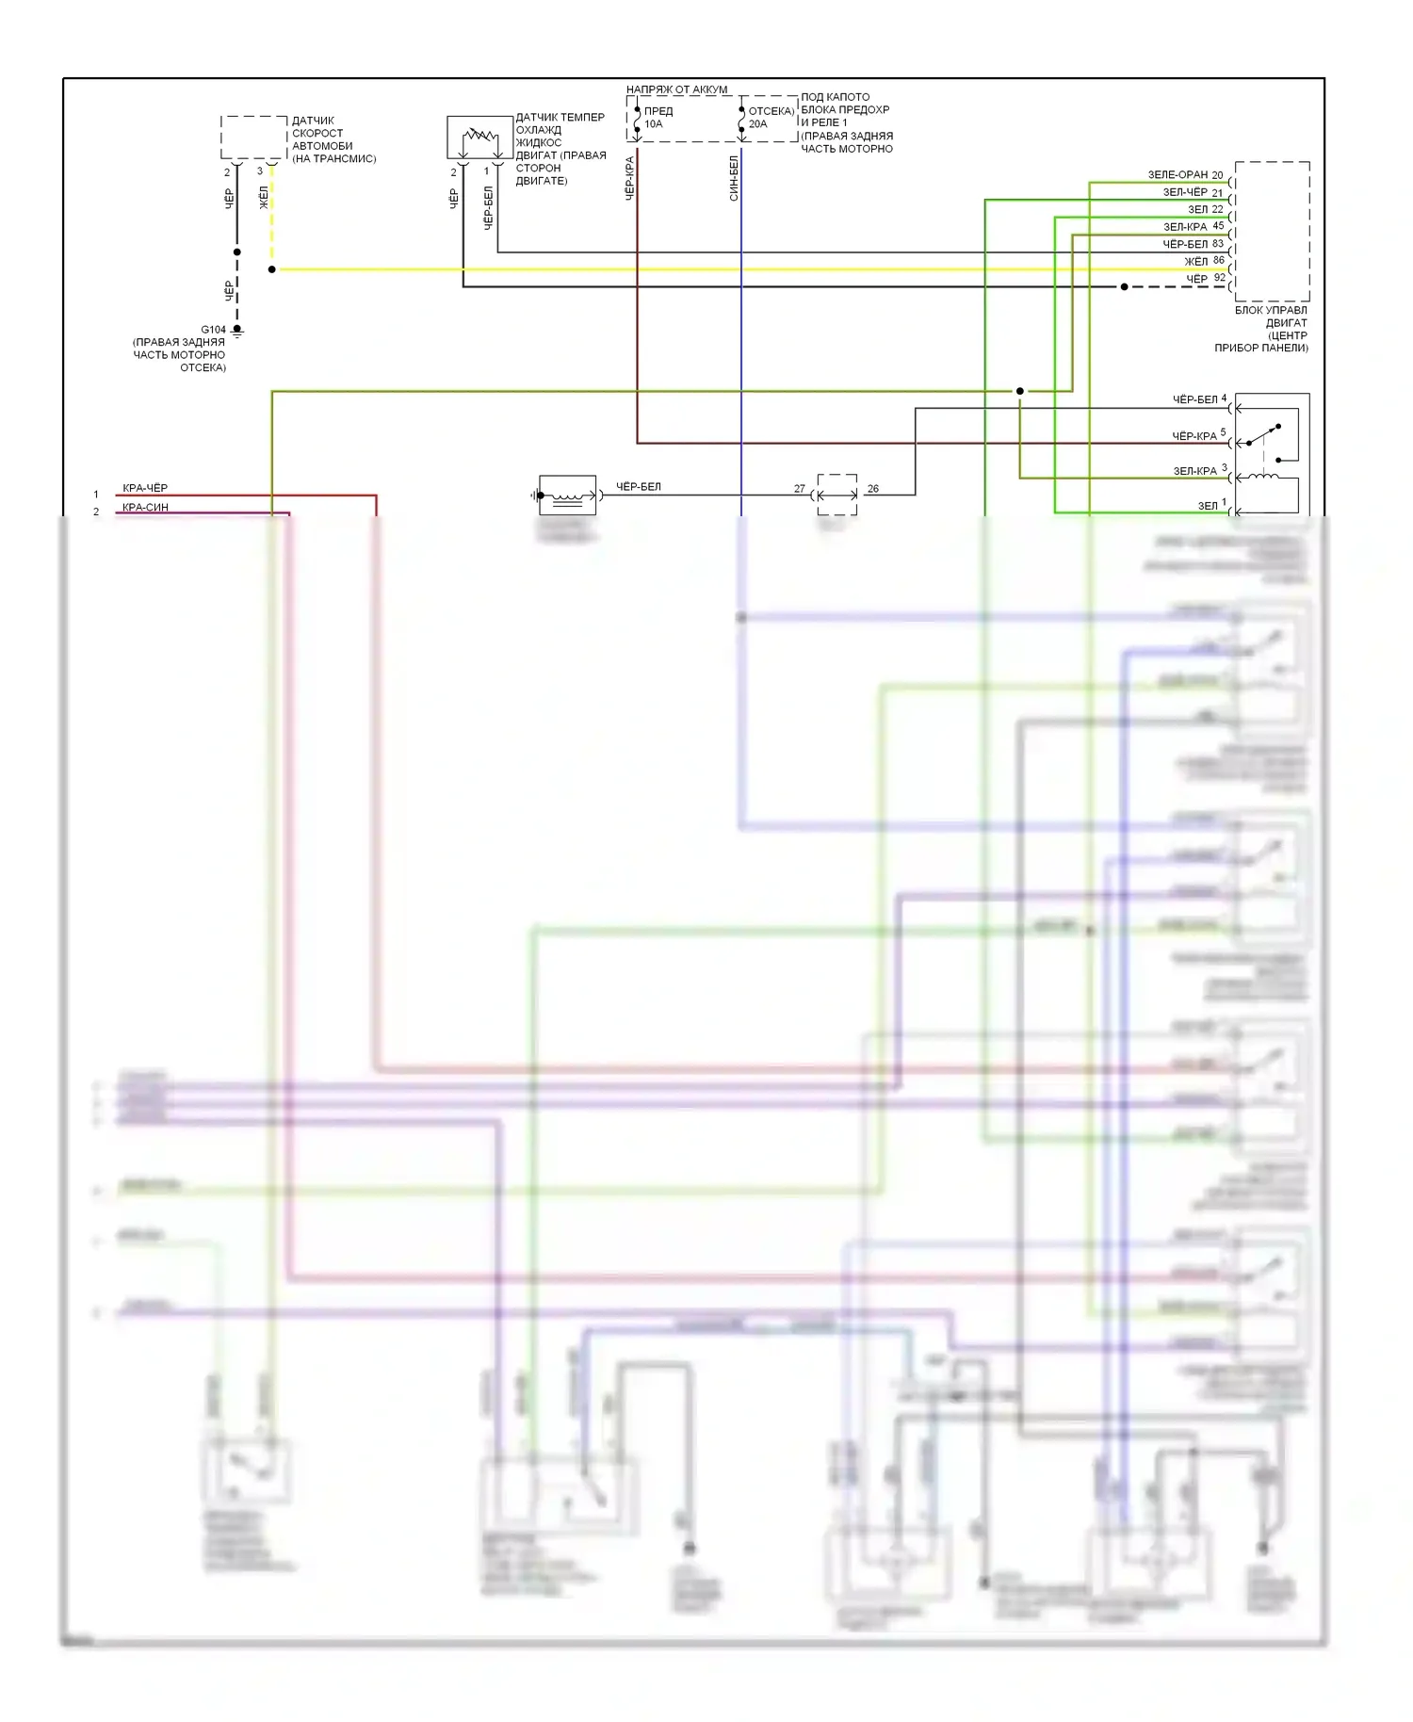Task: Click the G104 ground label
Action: [x=213, y=330]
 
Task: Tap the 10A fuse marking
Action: [x=653, y=124]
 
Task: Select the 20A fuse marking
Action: [x=757, y=124]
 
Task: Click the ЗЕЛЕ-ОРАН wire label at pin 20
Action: [x=1177, y=175]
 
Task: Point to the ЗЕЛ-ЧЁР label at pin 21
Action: [x=1185, y=192]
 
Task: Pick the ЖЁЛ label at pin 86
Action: [x=1195, y=261]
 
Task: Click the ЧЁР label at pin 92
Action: [x=1196, y=279]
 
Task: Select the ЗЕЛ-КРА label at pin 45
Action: [x=1185, y=227]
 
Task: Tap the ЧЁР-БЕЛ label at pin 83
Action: [x=1185, y=244]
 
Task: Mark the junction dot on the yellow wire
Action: [x=272, y=269]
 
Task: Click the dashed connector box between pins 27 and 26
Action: [x=836, y=494]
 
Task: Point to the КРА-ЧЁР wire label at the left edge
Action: [x=145, y=488]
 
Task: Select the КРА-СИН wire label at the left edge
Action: [x=145, y=508]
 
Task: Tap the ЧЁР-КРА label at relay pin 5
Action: [x=1194, y=436]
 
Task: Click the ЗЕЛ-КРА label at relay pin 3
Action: [x=1194, y=471]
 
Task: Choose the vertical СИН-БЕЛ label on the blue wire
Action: [x=734, y=178]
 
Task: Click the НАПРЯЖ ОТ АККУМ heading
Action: [x=676, y=89]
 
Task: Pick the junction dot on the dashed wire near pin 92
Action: [x=1124, y=286]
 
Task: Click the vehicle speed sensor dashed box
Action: [x=253, y=138]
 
